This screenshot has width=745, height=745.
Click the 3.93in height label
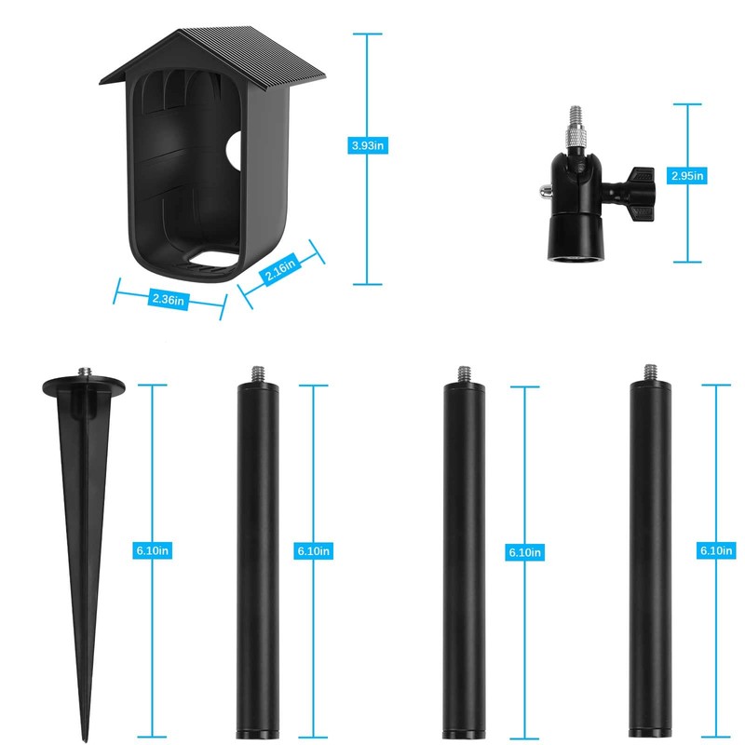(x=367, y=145)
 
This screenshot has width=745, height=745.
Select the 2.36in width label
(x=169, y=299)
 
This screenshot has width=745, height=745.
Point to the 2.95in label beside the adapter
(x=687, y=175)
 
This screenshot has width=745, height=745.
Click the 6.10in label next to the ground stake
(x=152, y=551)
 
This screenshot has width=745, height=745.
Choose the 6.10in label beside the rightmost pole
(x=715, y=551)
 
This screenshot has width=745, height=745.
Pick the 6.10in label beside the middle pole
(x=525, y=552)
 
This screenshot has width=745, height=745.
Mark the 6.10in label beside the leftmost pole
(x=312, y=551)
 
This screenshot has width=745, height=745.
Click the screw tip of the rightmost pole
(x=650, y=372)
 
